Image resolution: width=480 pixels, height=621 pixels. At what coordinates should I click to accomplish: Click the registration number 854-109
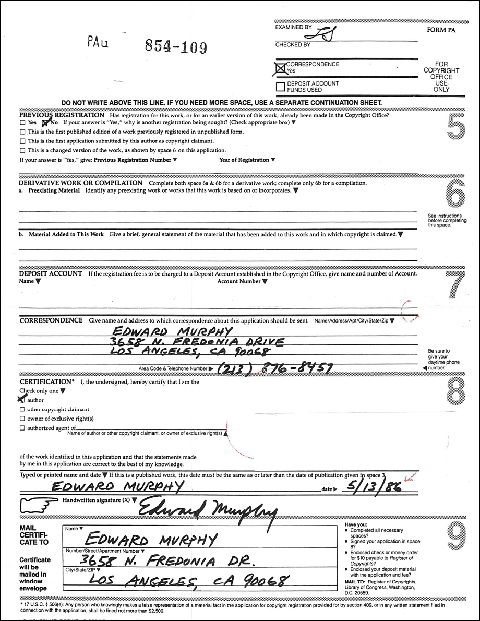tap(176, 47)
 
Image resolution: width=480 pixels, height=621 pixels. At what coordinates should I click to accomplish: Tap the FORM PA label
tap(441, 30)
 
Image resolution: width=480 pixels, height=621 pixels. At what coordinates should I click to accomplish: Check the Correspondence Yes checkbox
tap(281, 67)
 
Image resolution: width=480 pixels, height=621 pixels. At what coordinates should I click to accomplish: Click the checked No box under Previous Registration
tap(45, 122)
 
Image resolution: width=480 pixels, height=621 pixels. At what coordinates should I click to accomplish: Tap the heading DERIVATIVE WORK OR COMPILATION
tap(81, 183)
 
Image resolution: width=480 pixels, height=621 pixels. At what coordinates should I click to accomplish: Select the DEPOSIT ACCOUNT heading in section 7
tap(51, 273)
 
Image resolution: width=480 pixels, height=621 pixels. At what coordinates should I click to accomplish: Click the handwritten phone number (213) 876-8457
tap(275, 368)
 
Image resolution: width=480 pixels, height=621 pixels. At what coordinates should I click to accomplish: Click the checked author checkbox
tap(22, 400)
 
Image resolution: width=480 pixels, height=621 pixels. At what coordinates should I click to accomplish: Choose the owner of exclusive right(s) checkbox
tap(22, 419)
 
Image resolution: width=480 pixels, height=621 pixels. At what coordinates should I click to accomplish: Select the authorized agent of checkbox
tap(22, 428)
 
